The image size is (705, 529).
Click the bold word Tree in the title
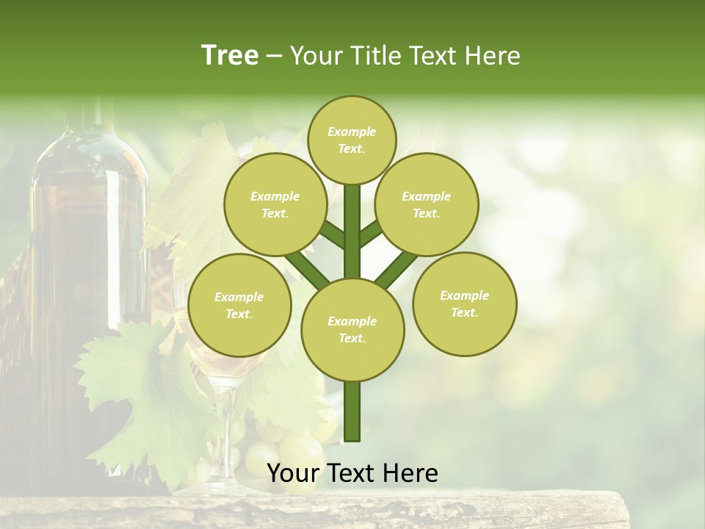click(x=230, y=55)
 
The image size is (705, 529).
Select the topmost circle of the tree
click(x=352, y=140)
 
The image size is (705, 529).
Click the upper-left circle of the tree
click(x=275, y=204)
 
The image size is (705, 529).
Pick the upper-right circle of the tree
click(x=426, y=204)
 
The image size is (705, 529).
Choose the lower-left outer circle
click(x=239, y=305)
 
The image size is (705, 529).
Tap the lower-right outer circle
click(x=464, y=303)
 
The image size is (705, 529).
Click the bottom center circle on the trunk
click(x=352, y=329)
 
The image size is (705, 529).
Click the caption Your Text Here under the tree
click(x=352, y=473)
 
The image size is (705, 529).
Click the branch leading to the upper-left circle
click(x=332, y=234)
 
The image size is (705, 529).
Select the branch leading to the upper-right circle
click(x=372, y=233)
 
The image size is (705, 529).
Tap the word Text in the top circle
click(x=351, y=148)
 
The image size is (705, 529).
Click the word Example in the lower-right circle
click(x=464, y=295)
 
